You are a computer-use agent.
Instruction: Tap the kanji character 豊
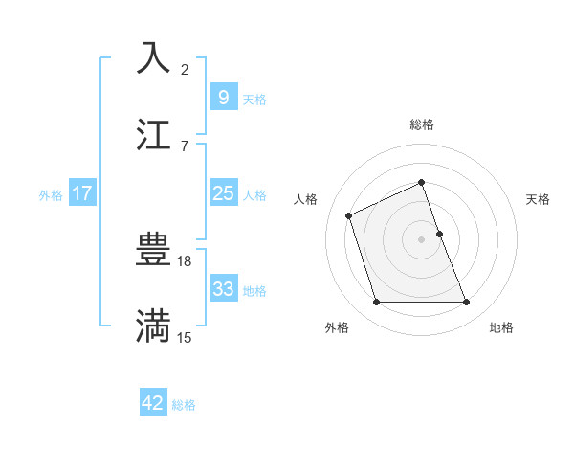154,251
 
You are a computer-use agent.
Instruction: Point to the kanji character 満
154,326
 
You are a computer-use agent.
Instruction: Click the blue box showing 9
223,97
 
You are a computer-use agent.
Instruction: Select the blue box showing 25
223,193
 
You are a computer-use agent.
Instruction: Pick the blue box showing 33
223,289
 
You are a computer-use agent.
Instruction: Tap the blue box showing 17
82,193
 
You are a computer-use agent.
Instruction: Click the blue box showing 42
153,403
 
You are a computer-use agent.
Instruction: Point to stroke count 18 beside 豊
186,260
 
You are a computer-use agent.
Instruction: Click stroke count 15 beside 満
185,337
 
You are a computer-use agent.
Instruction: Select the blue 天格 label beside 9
254,99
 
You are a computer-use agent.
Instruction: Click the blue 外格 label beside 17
51,195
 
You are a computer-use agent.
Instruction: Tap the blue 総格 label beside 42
184,405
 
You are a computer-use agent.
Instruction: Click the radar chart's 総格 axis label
422,124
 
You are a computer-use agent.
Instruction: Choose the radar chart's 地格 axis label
501,327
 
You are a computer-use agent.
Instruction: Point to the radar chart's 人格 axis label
306,199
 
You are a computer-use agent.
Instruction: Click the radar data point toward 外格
376,303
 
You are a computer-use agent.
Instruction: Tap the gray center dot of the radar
422,239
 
